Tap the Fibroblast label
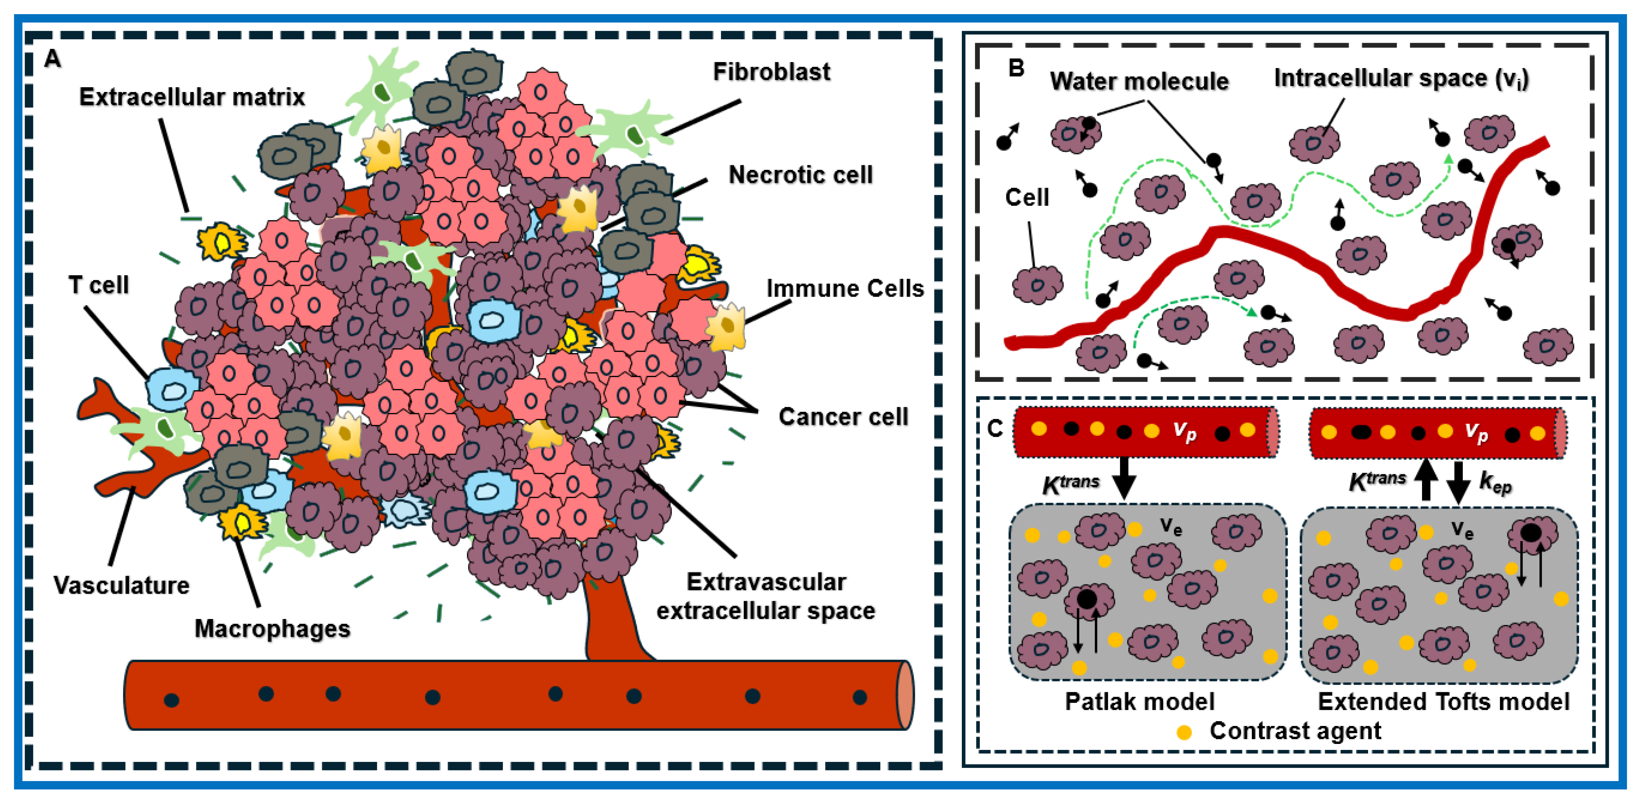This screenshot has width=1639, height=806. (x=771, y=72)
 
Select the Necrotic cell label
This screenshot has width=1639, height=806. (x=800, y=175)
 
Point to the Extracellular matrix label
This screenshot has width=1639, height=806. (x=192, y=97)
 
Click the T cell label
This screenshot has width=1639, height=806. (x=99, y=285)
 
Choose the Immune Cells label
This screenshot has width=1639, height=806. (x=844, y=289)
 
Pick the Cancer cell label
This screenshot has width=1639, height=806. (x=843, y=417)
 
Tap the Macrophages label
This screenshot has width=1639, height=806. (x=272, y=628)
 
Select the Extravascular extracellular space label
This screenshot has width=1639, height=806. (x=766, y=597)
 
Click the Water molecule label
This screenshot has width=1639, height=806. (x=1139, y=82)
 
